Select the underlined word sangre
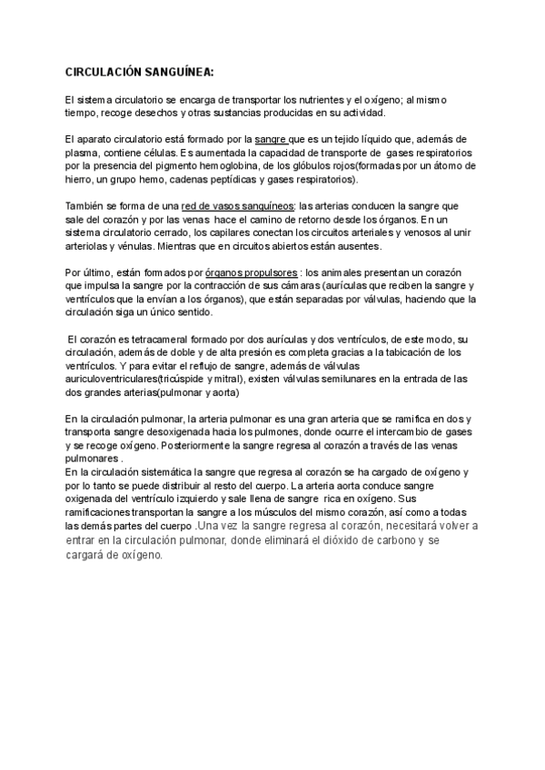(271, 138)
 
